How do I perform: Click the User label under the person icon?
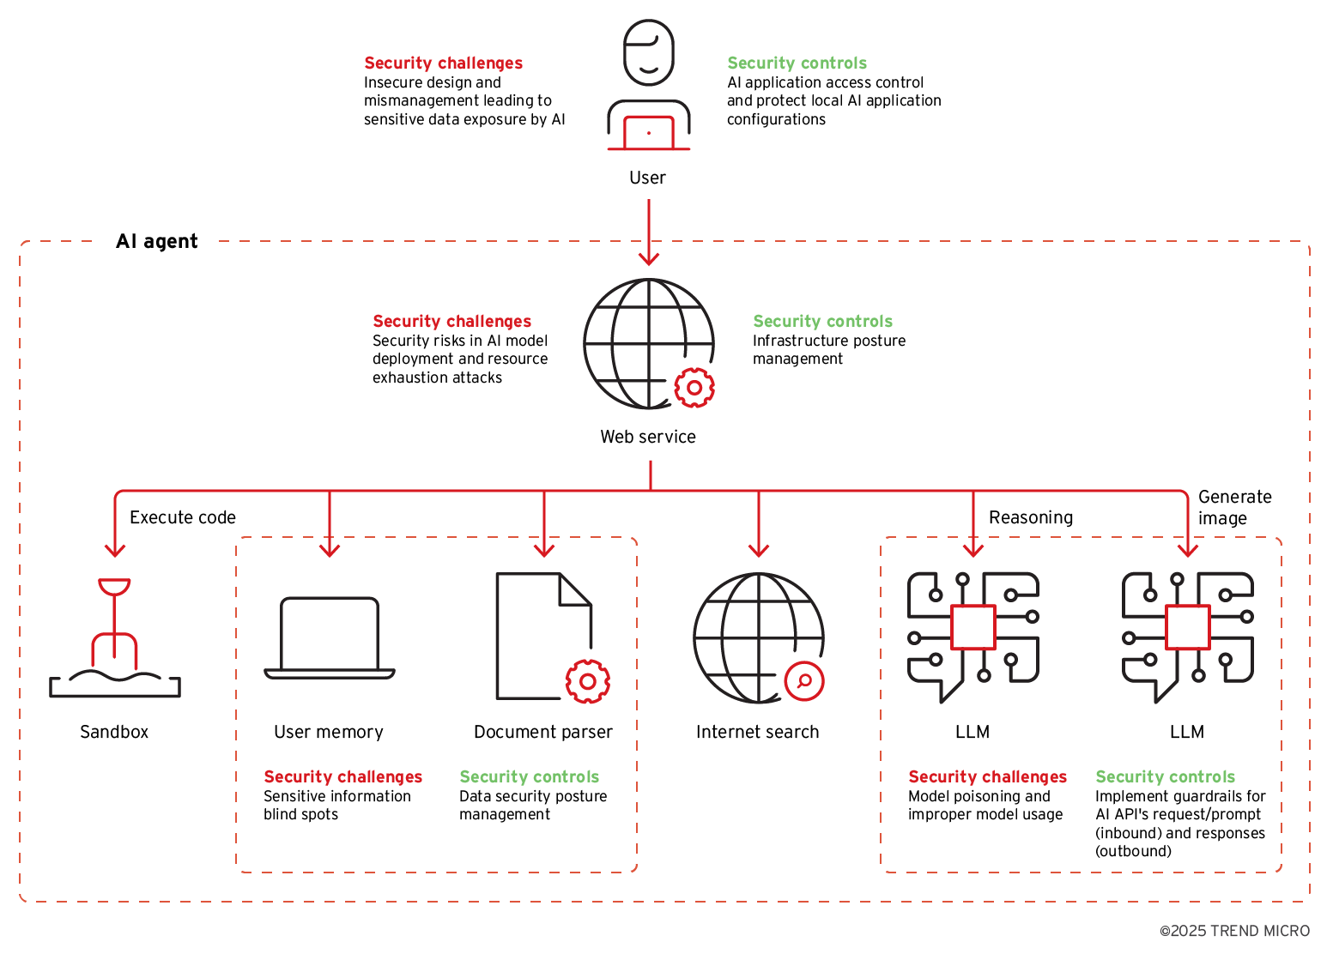click(647, 178)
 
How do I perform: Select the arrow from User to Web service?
click(649, 232)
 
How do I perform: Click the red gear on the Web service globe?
click(694, 388)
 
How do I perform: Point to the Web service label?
click(648, 437)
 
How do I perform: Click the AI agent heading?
click(157, 241)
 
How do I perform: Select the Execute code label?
click(182, 517)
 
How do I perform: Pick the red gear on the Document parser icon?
click(588, 681)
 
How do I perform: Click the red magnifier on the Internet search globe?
click(804, 681)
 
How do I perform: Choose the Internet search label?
click(757, 732)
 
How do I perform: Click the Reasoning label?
click(1031, 517)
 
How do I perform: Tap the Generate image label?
click(1234, 507)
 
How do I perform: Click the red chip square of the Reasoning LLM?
click(973, 627)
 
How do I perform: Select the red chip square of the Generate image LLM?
click(1188, 627)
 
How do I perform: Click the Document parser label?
click(543, 732)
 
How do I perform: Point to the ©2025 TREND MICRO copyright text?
click(1234, 931)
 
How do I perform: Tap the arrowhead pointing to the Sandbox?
click(115, 549)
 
